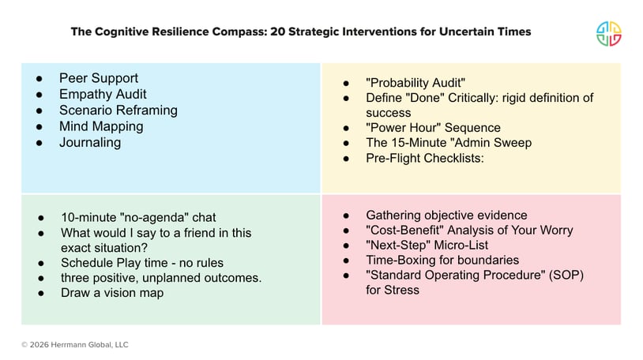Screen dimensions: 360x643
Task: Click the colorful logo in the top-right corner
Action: (608, 33)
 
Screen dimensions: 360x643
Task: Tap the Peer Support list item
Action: (98, 78)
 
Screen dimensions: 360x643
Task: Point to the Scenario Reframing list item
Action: (118, 111)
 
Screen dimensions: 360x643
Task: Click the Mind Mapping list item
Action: (101, 126)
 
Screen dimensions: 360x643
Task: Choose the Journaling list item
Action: (90, 143)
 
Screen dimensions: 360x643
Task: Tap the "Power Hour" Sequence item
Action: (433, 128)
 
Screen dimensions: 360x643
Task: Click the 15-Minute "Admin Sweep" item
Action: (449, 143)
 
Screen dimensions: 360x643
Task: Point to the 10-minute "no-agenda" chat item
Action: (138, 217)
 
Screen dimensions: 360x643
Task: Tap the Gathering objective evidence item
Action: (446, 215)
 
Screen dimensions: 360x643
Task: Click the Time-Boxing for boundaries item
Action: (442, 260)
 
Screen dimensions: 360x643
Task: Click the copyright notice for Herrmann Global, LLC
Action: (75, 344)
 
